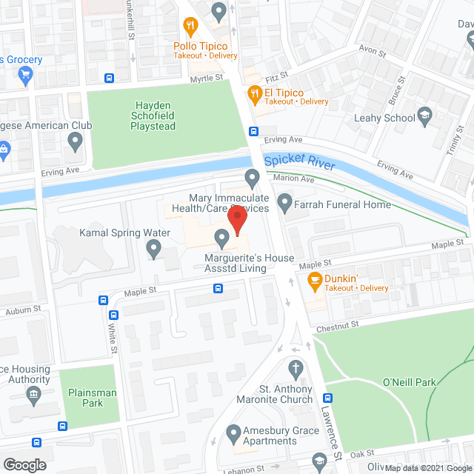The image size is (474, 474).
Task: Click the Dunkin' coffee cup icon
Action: (313, 278)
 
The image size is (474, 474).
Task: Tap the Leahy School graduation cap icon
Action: (424, 115)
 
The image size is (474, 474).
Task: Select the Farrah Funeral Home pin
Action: (284, 201)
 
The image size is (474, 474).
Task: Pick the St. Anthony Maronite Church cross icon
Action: (296, 368)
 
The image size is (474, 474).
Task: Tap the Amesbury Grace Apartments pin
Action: (233, 432)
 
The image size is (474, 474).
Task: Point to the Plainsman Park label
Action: (83, 398)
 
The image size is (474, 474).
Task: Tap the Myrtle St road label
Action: (207, 78)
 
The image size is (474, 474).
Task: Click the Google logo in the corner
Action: (24, 464)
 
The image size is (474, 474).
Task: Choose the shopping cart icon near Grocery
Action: (24, 73)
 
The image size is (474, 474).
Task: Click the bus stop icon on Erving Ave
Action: (253, 132)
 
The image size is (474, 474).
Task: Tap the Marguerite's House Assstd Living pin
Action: (221, 238)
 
